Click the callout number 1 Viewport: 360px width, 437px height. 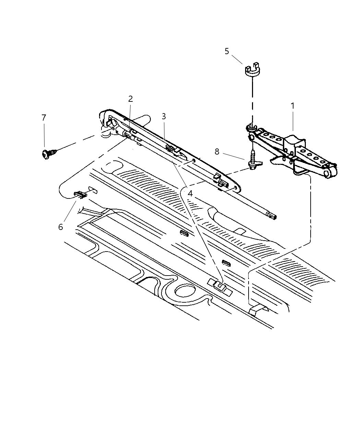click(x=292, y=106)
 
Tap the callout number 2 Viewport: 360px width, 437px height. click(x=130, y=99)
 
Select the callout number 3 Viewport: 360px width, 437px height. click(x=164, y=116)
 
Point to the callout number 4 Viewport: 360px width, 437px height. click(x=190, y=193)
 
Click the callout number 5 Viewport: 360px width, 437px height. click(x=227, y=51)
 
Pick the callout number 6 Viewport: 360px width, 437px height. click(x=61, y=227)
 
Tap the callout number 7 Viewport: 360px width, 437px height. click(x=44, y=118)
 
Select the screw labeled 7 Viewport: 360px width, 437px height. click(x=48, y=154)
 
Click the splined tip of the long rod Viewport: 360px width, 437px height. click(x=272, y=216)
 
